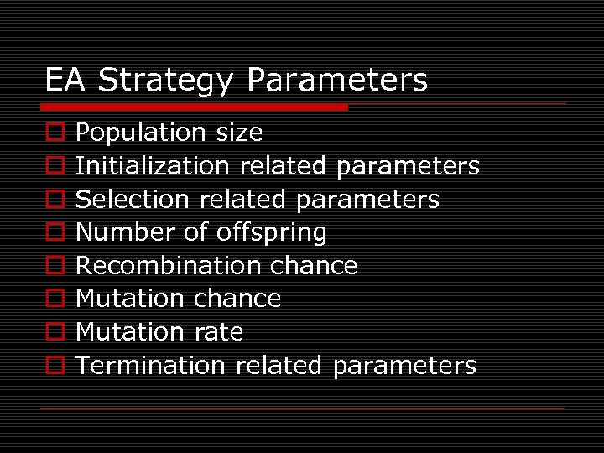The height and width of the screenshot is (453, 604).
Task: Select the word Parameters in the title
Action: [337, 81]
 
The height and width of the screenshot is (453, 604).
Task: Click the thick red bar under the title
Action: [195, 107]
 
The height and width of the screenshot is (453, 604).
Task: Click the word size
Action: [239, 133]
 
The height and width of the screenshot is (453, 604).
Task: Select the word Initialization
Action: [153, 166]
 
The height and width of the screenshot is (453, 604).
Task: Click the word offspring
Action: [271, 232]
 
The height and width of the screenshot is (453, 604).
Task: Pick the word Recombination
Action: [169, 266]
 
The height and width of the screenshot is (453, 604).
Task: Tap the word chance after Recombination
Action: [314, 266]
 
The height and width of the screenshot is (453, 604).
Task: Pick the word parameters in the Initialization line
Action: [408, 166]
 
